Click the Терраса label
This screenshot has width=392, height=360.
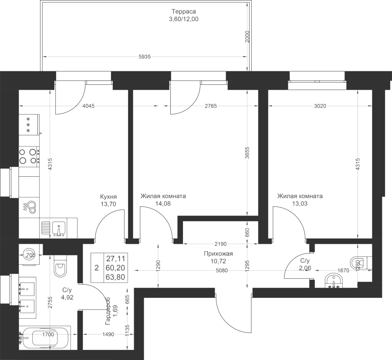tap(183, 11)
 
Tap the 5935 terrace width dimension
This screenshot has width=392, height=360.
tap(145, 57)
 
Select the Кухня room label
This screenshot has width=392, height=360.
tap(108, 196)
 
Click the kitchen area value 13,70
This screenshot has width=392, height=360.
tap(108, 204)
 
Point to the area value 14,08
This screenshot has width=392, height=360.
tap(163, 204)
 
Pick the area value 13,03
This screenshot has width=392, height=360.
tap(300, 204)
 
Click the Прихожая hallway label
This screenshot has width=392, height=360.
tap(218, 254)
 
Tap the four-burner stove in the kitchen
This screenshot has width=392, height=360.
tap(29, 156)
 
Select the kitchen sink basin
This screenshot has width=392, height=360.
tap(59, 229)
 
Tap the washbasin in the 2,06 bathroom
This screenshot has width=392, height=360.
tap(334, 281)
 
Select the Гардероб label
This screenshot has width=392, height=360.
tap(108, 311)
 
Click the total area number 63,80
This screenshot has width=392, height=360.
tap(115, 277)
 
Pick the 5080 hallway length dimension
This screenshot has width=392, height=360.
tap(222, 270)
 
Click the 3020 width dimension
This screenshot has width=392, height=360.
tap(320, 106)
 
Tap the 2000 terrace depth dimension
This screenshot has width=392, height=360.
tap(247, 37)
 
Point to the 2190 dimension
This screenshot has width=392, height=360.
tap(220, 244)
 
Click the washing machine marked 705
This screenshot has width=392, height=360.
tap(29, 255)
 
